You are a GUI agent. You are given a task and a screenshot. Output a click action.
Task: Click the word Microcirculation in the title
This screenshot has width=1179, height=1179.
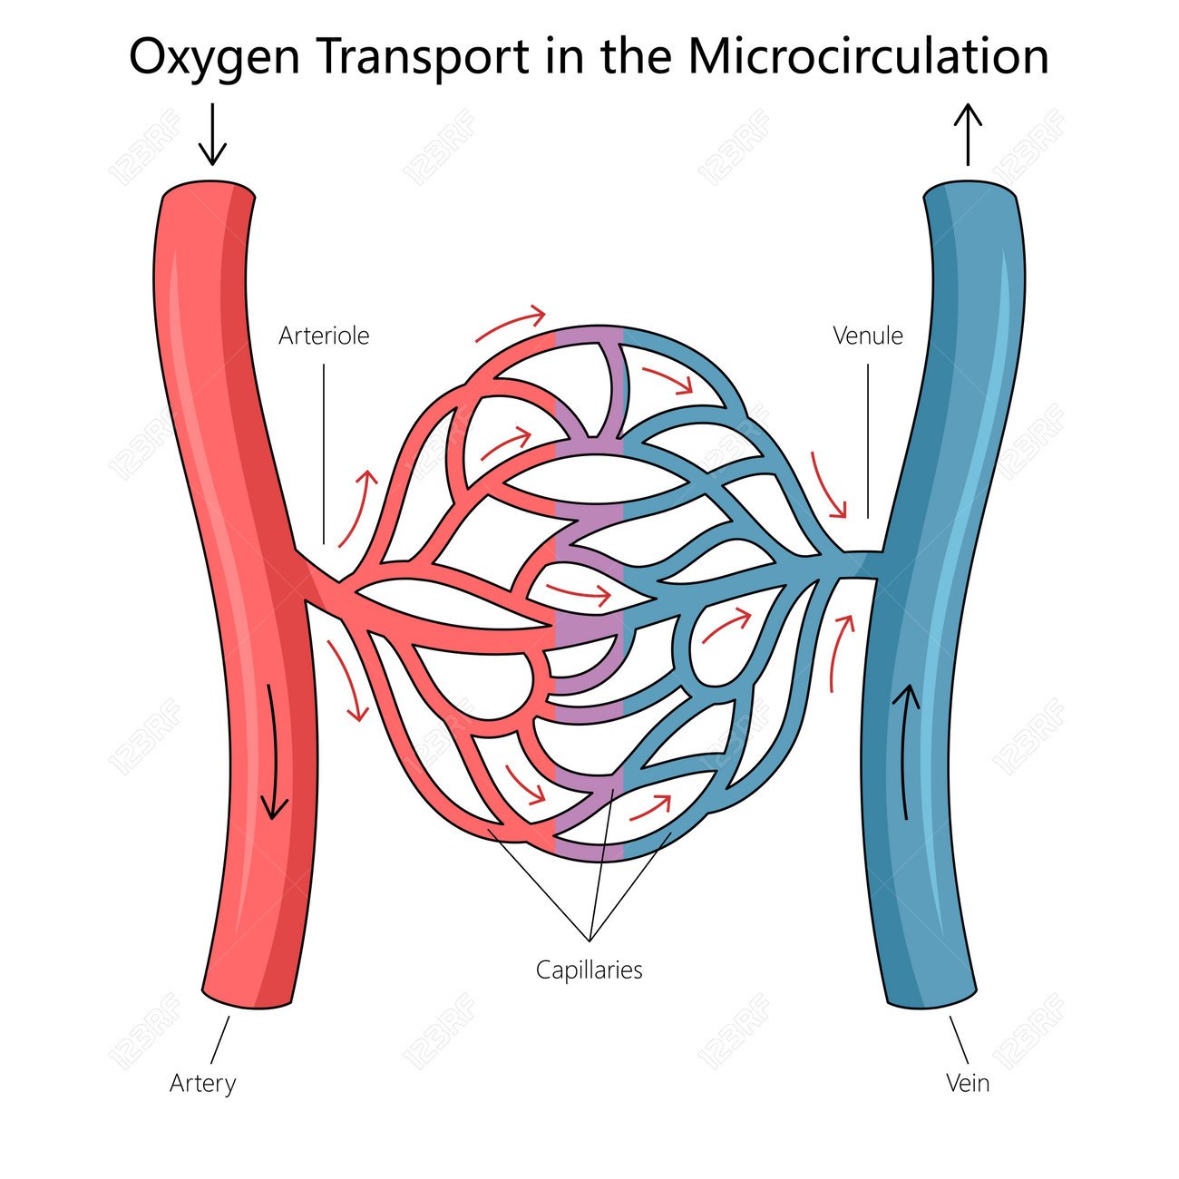pos(868,56)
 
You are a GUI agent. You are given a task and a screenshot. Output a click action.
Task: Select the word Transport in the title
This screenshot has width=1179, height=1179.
pos(424,56)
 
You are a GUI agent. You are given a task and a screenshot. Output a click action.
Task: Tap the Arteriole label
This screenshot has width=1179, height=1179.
pos(324,336)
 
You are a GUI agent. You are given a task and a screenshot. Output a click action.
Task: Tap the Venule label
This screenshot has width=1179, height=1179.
pos(868,336)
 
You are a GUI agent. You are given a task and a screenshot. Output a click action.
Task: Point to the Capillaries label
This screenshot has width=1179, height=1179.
pos(589,970)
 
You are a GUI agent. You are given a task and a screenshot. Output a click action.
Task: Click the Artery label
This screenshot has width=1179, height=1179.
pos(202,1083)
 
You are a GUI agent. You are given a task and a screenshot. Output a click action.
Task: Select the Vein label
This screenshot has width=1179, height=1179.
pos(968,1083)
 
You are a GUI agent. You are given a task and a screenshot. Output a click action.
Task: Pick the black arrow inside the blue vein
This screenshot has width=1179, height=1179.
pos(907,748)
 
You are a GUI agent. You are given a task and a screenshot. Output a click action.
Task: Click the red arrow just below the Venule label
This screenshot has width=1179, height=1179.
pos(828,485)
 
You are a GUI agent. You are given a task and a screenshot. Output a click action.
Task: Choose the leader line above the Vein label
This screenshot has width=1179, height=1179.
pos(959,1039)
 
